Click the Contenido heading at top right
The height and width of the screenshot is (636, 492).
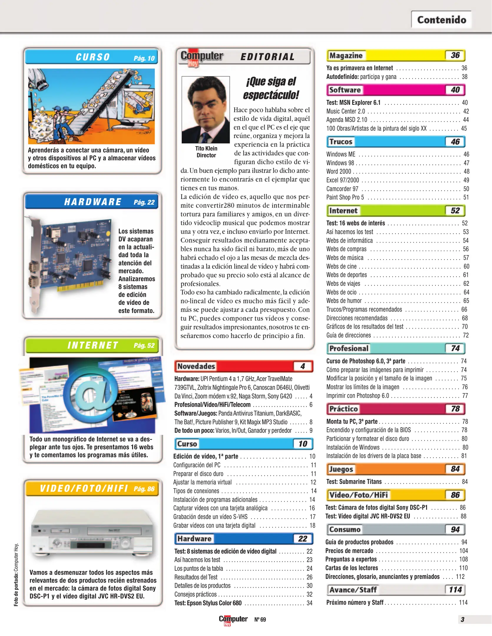point(441,20)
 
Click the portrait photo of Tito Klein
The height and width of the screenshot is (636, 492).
point(206,110)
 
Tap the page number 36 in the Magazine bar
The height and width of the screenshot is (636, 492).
point(455,55)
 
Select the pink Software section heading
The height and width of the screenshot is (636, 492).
point(345,90)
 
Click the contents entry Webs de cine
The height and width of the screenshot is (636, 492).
point(341,266)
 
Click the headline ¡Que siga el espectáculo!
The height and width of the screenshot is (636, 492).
point(271,88)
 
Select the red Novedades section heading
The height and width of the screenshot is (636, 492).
point(196,366)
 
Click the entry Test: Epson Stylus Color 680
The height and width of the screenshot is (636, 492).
point(208,603)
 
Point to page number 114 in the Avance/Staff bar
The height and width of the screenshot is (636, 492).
point(455,590)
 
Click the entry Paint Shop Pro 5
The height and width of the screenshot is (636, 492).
point(345,197)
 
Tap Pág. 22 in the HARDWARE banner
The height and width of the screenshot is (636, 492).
point(144,202)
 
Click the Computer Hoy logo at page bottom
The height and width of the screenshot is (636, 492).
point(233,620)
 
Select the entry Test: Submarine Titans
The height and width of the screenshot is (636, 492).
point(354,482)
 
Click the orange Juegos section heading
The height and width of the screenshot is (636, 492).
point(341,469)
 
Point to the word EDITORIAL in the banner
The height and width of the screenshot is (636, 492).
point(267,57)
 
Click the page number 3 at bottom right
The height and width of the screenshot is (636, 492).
point(462,620)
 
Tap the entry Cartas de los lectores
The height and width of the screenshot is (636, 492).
point(352,568)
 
